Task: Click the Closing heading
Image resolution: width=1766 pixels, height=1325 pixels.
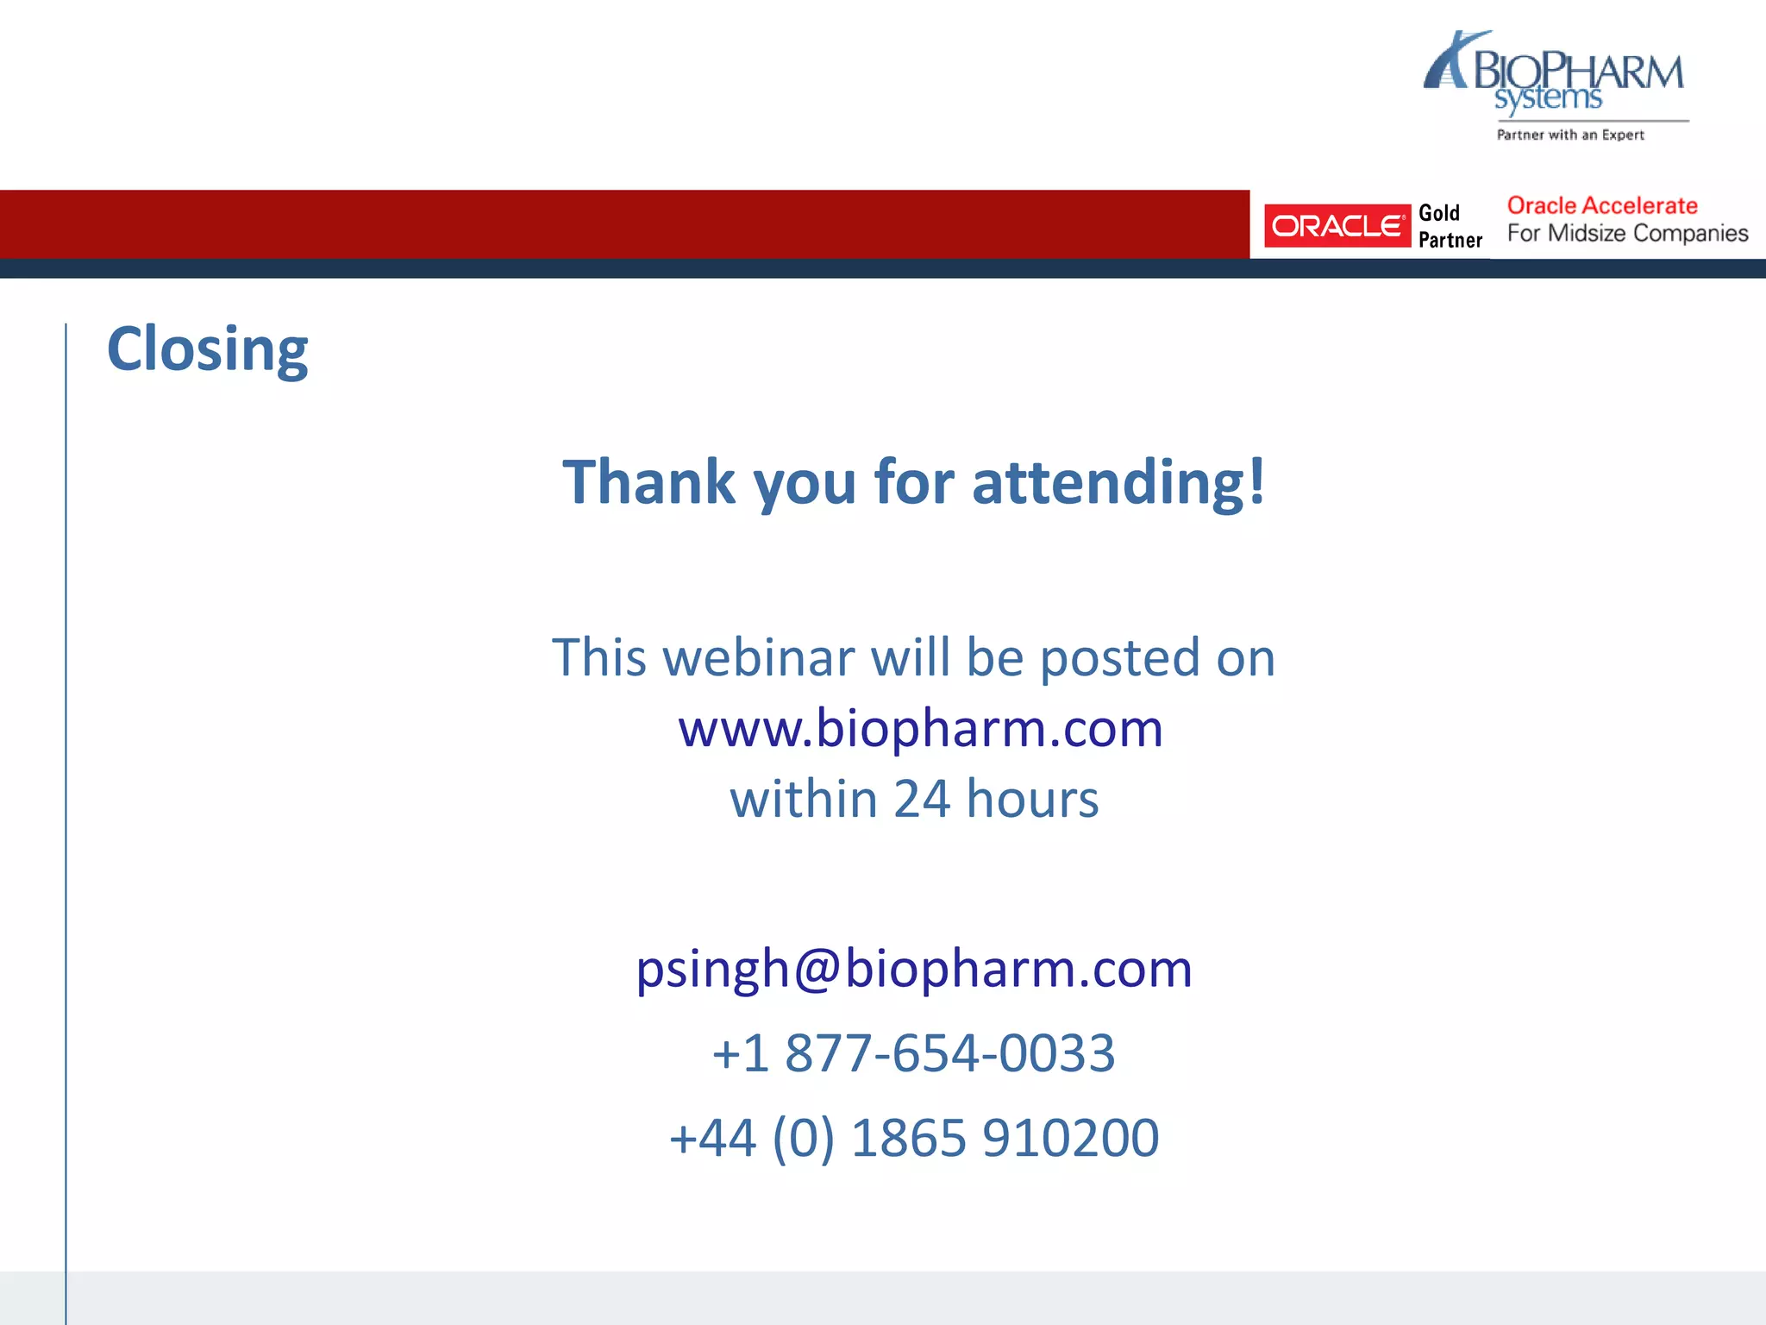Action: point(207,349)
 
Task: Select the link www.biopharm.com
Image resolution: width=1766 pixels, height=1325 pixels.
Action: point(920,728)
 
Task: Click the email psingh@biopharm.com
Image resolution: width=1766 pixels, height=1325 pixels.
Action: point(914,968)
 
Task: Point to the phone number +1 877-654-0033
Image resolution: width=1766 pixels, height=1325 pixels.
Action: point(914,1052)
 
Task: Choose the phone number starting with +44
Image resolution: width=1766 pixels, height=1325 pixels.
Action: point(914,1137)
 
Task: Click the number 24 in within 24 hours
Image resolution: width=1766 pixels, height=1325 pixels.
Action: point(921,799)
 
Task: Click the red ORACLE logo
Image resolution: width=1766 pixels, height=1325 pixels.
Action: point(1337,226)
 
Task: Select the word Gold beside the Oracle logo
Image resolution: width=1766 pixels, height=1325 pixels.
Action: point(1439,213)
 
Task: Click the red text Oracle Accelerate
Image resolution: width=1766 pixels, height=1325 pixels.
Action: point(1602,205)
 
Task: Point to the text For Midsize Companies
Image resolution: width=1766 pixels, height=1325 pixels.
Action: point(1627,233)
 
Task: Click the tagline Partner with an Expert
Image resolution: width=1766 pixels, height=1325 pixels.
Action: point(1570,135)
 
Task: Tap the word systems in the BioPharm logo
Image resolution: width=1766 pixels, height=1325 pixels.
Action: point(1548,98)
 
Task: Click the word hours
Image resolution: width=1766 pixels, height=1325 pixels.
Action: point(1032,799)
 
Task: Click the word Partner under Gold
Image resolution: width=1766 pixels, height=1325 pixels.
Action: point(1450,240)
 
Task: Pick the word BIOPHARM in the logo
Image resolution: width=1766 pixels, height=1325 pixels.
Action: point(1578,71)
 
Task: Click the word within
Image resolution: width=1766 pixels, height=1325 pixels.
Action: point(804,799)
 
